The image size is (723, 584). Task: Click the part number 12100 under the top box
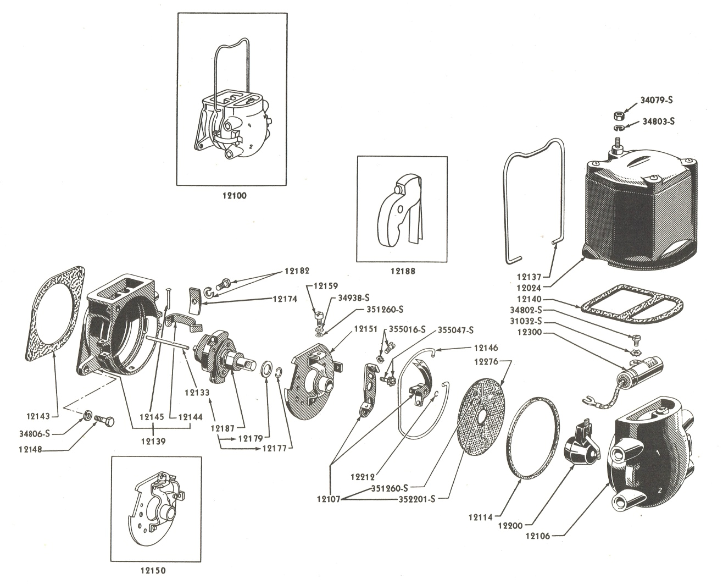click(231, 195)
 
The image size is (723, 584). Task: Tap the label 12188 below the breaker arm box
click(403, 271)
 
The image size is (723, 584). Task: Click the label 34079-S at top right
click(657, 101)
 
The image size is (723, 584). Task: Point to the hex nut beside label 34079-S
click(618, 115)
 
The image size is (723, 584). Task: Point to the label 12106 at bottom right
click(540, 535)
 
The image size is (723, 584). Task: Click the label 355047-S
click(456, 330)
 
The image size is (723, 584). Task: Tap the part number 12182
click(297, 271)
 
